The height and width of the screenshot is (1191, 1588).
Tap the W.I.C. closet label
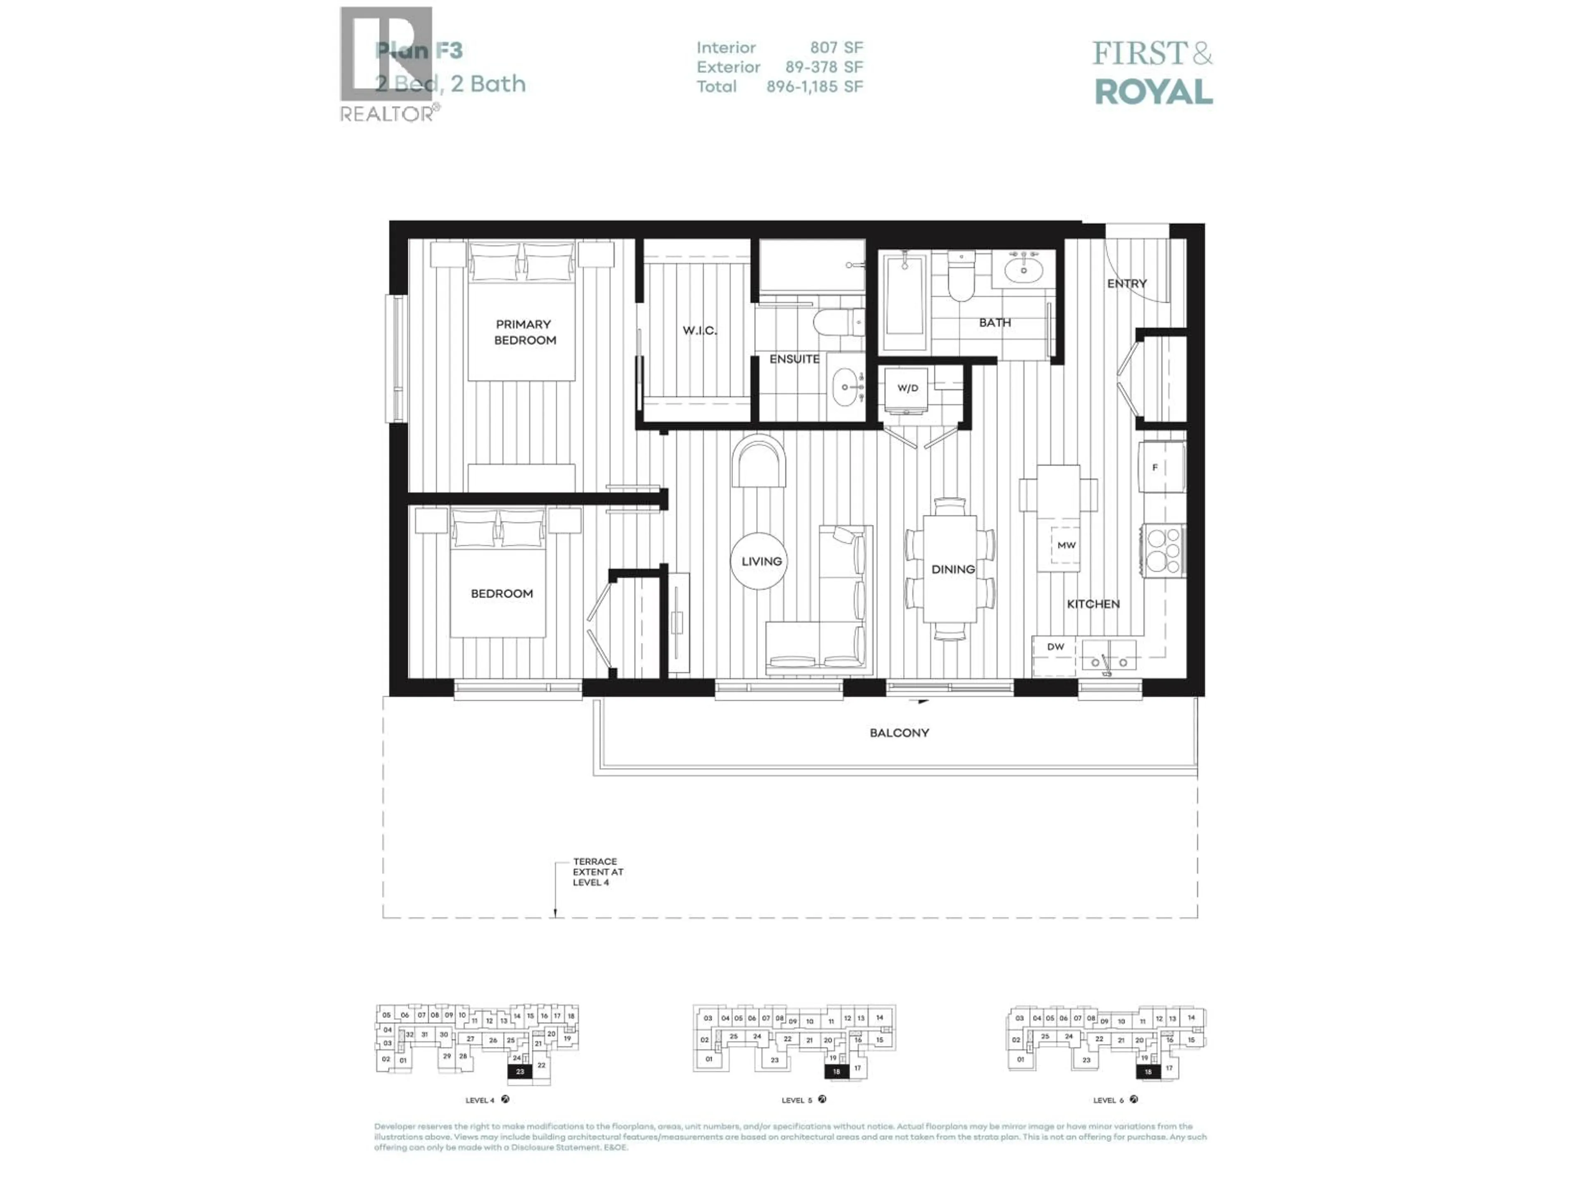699,331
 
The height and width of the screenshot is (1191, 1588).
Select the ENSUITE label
794,359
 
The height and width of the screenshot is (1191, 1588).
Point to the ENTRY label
1126,284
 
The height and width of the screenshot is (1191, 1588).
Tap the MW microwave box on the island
1066,545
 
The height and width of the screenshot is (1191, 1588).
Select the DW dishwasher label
1055,647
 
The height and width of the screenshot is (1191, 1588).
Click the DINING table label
953,569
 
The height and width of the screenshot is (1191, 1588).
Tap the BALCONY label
899,733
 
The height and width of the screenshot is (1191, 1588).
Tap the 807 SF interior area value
836,48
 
